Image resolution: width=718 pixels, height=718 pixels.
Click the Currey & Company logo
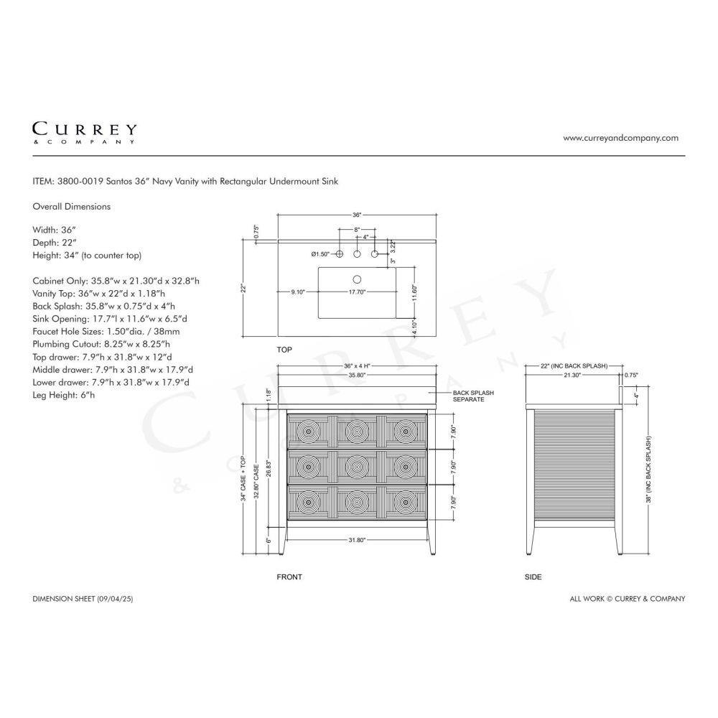click(84, 133)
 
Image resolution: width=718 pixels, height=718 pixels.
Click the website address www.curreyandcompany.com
click(620, 138)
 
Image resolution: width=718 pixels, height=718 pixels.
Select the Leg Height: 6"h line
click(64, 395)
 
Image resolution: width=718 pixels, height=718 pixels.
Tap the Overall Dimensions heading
click(71, 207)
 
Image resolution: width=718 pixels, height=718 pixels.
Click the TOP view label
click(284, 350)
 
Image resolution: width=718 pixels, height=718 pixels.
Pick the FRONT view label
click(289, 577)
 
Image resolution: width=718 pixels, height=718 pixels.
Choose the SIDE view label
click(533, 577)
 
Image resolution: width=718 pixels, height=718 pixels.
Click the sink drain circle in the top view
click(357, 279)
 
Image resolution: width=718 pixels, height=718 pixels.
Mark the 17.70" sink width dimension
click(357, 292)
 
